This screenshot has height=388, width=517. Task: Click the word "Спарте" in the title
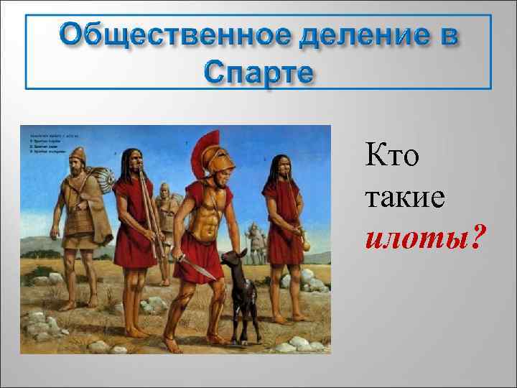(x=258, y=72)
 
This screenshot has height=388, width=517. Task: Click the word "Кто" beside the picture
(x=391, y=154)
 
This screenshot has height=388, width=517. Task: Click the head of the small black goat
(x=233, y=259)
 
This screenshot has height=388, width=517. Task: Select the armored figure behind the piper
(x=166, y=208)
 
